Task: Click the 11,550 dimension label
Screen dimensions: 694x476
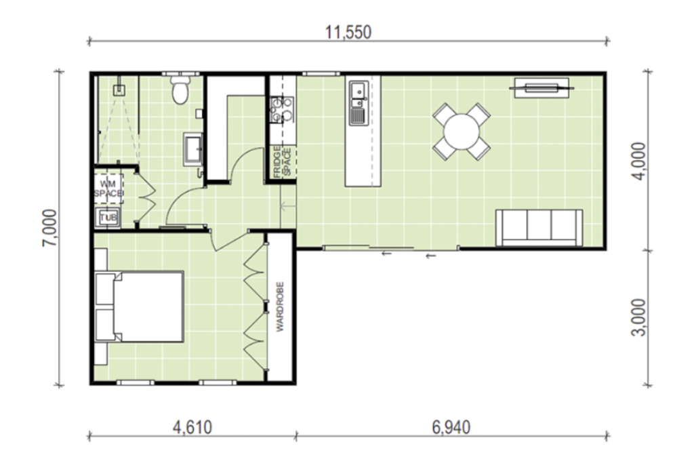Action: pos(348,33)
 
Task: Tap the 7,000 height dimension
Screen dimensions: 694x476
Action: pos(49,228)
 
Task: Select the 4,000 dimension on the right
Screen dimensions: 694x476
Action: pos(638,161)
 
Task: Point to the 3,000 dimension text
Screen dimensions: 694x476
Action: pos(638,317)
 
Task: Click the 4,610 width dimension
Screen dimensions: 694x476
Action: pos(192,428)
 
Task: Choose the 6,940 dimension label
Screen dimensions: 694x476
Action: pos(451,428)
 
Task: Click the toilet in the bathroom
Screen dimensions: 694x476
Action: pos(180,90)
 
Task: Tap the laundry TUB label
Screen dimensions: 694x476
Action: pos(108,218)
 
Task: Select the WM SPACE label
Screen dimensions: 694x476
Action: pos(108,189)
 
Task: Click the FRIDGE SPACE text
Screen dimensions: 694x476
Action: pos(282,162)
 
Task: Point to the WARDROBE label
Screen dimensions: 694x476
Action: pos(280,307)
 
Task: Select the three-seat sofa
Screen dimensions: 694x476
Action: pos(539,228)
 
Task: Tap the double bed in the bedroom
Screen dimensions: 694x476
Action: pos(140,306)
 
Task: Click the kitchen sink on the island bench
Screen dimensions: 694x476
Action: pos(359,103)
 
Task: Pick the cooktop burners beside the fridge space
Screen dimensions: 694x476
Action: pos(282,109)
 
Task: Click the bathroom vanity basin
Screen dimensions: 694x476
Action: pos(193,148)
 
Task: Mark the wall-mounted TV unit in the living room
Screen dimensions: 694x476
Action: pos(542,87)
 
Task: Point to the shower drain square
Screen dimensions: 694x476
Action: pos(119,91)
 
